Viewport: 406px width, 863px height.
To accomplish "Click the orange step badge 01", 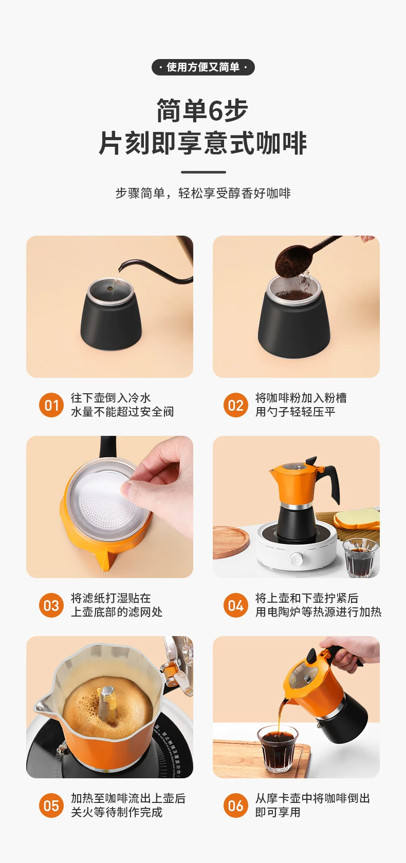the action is click(x=51, y=405).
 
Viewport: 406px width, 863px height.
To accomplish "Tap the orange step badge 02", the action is click(x=235, y=405).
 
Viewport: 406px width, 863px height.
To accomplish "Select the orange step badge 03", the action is click(x=51, y=605).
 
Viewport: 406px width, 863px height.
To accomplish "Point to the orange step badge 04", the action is click(x=235, y=605).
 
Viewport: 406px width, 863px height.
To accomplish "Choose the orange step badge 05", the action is click(x=51, y=806).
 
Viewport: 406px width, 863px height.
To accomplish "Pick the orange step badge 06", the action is click(x=235, y=806).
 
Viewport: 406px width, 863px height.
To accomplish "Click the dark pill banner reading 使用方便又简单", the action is click(x=203, y=67).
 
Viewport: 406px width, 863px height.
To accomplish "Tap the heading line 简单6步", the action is click(x=202, y=110).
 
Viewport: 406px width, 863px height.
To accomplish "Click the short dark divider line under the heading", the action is click(x=203, y=172).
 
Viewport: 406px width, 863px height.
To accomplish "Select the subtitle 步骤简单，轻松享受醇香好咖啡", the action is click(x=203, y=193).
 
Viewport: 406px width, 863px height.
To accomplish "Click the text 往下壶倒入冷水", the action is click(x=110, y=397).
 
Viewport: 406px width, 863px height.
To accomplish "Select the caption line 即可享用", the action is click(x=278, y=812).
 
